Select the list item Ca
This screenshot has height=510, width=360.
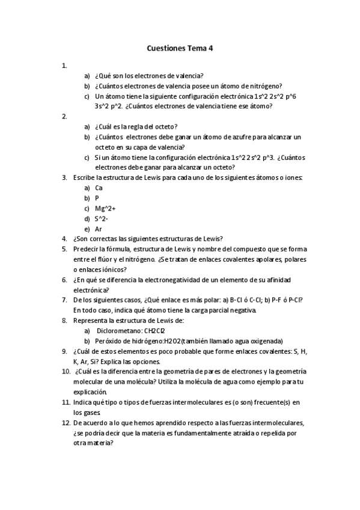tap(99, 188)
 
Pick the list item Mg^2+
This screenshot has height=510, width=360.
tap(105, 208)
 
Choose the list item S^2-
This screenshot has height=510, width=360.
tap(101, 218)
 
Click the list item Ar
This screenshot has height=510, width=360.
tap(99, 229)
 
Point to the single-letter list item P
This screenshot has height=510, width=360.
tap(97, 198)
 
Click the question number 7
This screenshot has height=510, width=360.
tap(64, 300)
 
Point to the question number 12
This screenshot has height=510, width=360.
tap(66, 423)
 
